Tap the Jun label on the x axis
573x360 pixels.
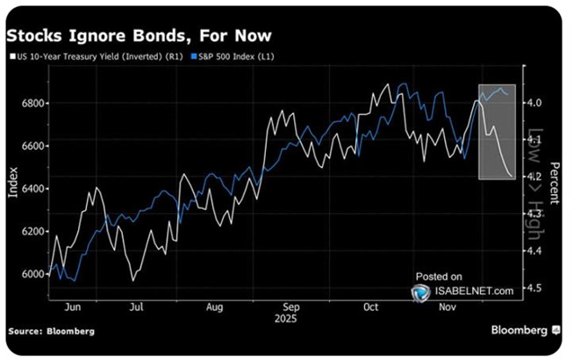pos(73,307)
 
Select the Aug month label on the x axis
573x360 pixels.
pos(213,307)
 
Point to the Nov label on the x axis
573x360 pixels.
pos(448,307)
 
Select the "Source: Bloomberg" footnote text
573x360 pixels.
pos(51,330)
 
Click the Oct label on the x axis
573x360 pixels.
pos(370,307)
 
